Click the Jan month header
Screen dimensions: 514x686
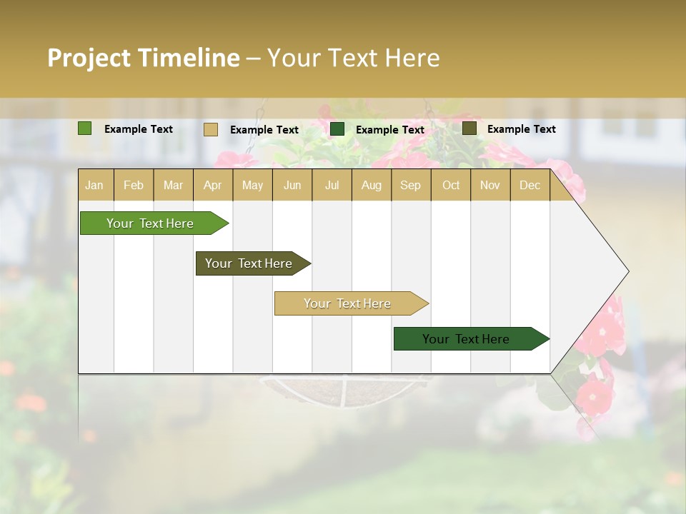(x=95, y=185)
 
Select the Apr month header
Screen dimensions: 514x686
(x=213, y=185)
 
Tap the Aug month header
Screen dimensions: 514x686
(x=372, y=185)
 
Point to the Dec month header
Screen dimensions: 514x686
(x=530, y=185)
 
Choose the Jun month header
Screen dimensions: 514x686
(x=292, y=185)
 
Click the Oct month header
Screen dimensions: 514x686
(x=451, y=185)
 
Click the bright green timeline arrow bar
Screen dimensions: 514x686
(x=150, y=223)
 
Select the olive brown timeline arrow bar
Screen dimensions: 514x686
(x=249, y=263)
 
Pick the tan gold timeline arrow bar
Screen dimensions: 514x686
(x=347, y=303)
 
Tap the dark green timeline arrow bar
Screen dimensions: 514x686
(x=466, y=339)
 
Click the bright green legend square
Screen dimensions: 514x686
(x=85, y=128)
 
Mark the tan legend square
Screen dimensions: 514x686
(x=211, y=129)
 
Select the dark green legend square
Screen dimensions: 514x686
(x=337, y=129)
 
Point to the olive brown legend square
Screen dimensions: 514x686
(x=469, y=128)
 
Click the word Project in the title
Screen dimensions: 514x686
(x=89, y=58)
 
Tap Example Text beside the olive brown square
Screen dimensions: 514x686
(x=521, y=129)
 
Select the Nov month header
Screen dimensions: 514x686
(x=490, y=185)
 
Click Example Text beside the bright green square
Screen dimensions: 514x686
(x=139, y=129)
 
